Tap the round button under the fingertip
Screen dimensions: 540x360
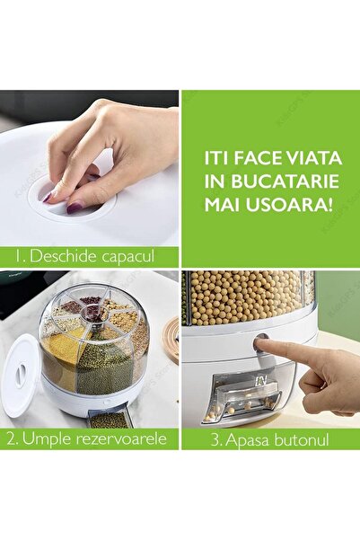tap(260, 343)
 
